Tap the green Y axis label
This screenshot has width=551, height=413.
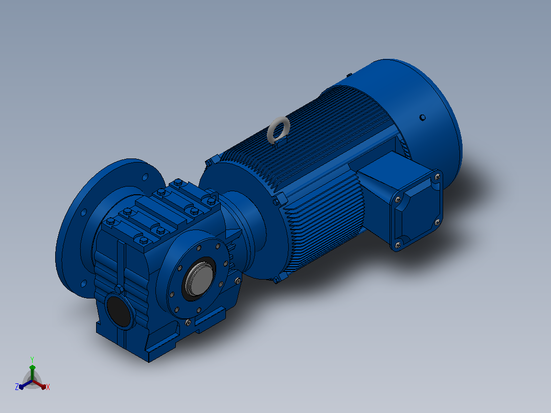32,359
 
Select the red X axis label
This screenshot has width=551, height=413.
48,387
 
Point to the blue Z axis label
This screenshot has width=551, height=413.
17,386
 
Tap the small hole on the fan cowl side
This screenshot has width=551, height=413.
423,118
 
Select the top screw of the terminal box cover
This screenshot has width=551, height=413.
438,177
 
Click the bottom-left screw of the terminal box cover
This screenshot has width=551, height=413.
398,245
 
